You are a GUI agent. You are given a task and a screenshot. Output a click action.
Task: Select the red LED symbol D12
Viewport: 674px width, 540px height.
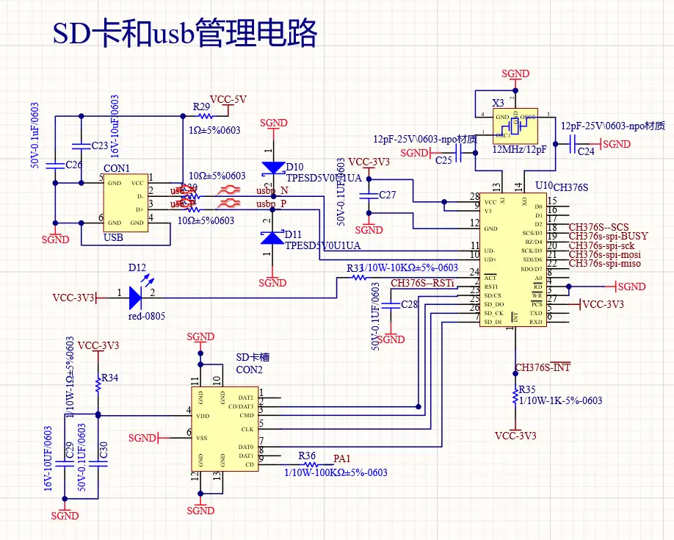(x=136, y=297)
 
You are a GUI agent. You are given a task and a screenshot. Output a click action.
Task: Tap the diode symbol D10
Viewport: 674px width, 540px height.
(x=273, y=168)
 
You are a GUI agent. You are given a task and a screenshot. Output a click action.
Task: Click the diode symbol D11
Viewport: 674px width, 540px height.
(x=273, y=237)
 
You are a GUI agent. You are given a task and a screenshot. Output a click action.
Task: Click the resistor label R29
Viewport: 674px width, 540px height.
(x=202, y=107)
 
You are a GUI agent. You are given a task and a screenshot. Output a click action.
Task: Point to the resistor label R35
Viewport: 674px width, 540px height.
(x=526, y=389)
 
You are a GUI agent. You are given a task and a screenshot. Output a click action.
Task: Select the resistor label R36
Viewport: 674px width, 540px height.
(x=307, y=456)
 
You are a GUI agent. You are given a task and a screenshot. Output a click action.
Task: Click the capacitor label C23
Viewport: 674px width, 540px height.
(x=100, y=146)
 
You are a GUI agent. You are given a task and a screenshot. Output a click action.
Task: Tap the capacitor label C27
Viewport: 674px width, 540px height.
(x=387, y=195)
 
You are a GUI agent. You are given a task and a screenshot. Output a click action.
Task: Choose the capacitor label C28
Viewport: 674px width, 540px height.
(x=410, y=304)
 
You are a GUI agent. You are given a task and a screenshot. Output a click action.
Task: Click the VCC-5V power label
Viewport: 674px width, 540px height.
(x=228, y=99)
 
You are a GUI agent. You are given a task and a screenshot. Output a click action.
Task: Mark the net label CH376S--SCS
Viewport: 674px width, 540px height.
(x=599, y=228)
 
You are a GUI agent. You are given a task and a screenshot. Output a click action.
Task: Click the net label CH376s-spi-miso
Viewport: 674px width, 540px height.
(x=605, y=263)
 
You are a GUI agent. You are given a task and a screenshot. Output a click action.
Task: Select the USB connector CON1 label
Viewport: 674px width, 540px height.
(x=121, y=168)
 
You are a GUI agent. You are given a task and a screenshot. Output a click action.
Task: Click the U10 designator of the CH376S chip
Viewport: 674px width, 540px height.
(x=544, y=186)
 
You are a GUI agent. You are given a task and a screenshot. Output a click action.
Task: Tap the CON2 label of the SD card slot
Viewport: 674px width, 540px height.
(x=249, y=369)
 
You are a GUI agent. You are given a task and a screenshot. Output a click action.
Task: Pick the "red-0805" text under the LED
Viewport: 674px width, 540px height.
(x=147, y=317)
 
